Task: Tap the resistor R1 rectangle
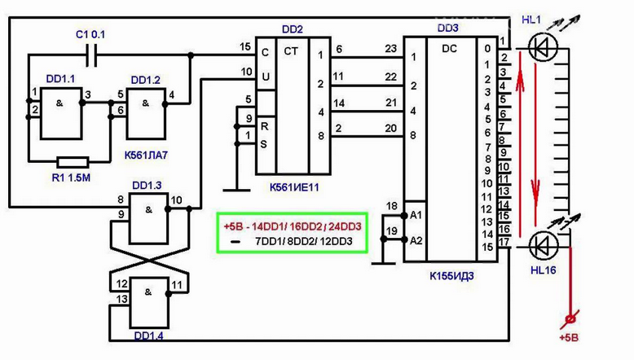(73, 162)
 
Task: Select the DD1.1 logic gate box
(61, 113)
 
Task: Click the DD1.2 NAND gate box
(146, 114)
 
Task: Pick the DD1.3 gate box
(148, 218)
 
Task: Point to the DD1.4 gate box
(148, 302)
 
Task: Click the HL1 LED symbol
(543, 48)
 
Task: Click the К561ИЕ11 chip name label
(294, 187)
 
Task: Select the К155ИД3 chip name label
(451, 276)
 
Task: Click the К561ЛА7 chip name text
(146, 155)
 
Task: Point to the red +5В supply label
(569, 338)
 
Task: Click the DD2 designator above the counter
(293, 29)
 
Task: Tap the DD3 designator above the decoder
(448, 28)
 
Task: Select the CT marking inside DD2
(291, 51)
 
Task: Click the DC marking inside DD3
(449, 49)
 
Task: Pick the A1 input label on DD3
(416, 215)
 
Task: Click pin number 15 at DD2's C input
(245, 47)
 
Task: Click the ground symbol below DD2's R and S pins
(237, 189)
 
